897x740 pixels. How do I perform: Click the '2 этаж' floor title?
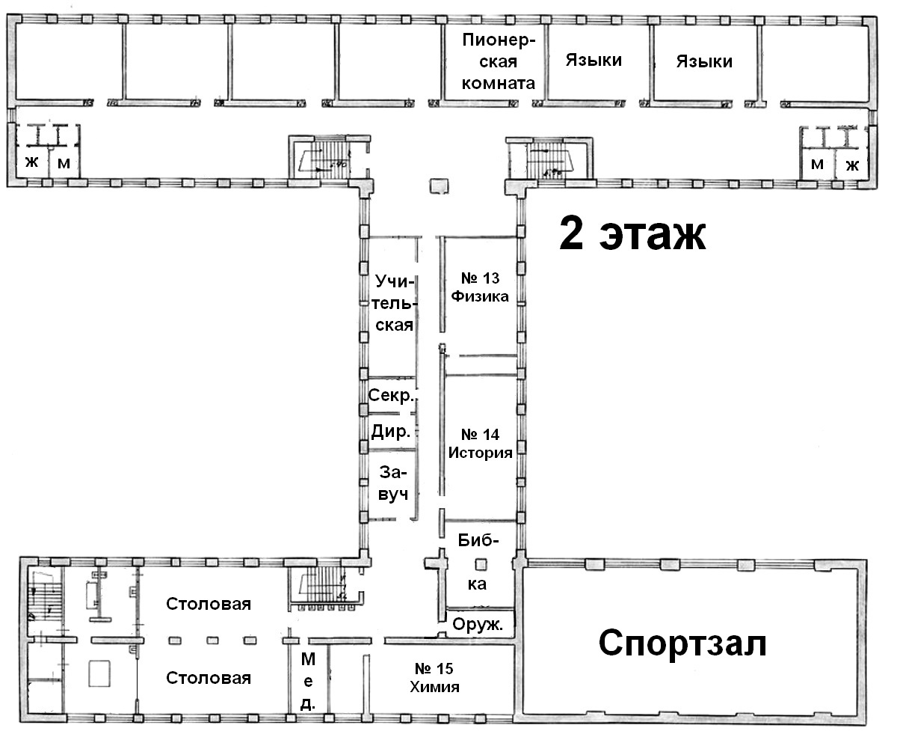point(632,233)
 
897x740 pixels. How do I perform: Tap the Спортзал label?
point(682,643)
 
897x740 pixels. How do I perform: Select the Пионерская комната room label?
point(499,61)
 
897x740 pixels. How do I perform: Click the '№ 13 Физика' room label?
point(480,287)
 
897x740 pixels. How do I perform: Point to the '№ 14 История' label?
point(480,443)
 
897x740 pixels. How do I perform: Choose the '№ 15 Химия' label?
point(434,678)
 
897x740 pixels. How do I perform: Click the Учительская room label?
point(394,303)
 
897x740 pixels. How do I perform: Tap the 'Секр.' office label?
point(392,395)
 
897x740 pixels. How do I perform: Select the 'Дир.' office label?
point(390,431)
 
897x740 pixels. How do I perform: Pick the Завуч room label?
point(392,483)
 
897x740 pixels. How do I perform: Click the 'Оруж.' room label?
point(478,624)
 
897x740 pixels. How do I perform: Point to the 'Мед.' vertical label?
point(308,681)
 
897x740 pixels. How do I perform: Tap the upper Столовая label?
point(209,604)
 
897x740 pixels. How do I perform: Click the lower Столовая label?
point(209,678)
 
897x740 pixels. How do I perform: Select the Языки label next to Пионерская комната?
point(594,61)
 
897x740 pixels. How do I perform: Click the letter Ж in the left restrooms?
point(32,162)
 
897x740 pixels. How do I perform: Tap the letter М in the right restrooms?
point(817,164)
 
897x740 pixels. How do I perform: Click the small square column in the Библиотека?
point(481,563)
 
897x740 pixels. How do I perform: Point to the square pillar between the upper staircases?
point(439,186)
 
